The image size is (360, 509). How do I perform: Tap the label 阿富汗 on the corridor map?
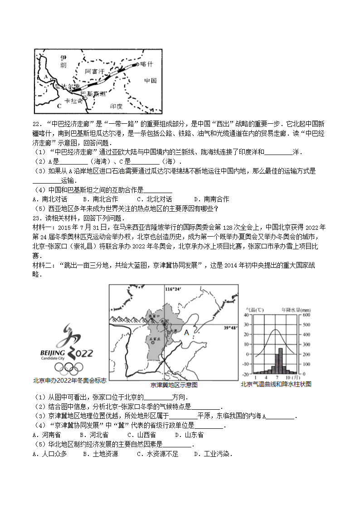tap(94, 71)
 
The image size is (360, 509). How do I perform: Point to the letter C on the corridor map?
tap(59, 106)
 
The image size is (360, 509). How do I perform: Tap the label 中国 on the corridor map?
tap(150, 81)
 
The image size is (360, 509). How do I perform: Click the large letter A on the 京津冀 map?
tap(186, 333)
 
